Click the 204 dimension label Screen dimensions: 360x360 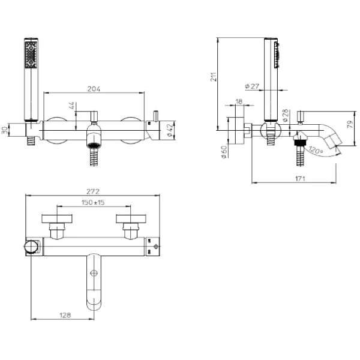[x=94, y=89]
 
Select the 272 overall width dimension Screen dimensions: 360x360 [x=93, y=191]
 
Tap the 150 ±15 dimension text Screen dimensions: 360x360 [x=93, y=202]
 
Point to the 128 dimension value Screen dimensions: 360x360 [x=65, y=315]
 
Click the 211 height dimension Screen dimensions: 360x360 [x=214, y=77]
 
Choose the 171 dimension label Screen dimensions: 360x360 [x=300, y=178]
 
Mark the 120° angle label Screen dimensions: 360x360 [x=316, y=150]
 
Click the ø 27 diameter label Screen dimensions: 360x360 [x=252, y=86]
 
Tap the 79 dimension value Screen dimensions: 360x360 [x=350, y=124]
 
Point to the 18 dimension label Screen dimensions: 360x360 [x=239, y=101]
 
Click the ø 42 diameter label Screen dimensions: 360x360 [x=170, y=130]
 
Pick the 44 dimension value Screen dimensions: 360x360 [x=71, y=106]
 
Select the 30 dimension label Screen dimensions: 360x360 [x=5, y=130]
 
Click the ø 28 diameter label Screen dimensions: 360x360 [x=285, y=115]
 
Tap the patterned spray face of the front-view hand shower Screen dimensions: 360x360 [x=31, y=55]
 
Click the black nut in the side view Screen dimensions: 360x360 [x=300, y=143]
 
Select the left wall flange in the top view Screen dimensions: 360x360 [x=57, y=219]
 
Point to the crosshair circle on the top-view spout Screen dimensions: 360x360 [x=94, y=273]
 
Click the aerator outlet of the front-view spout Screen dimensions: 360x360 [x=94, y=145]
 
